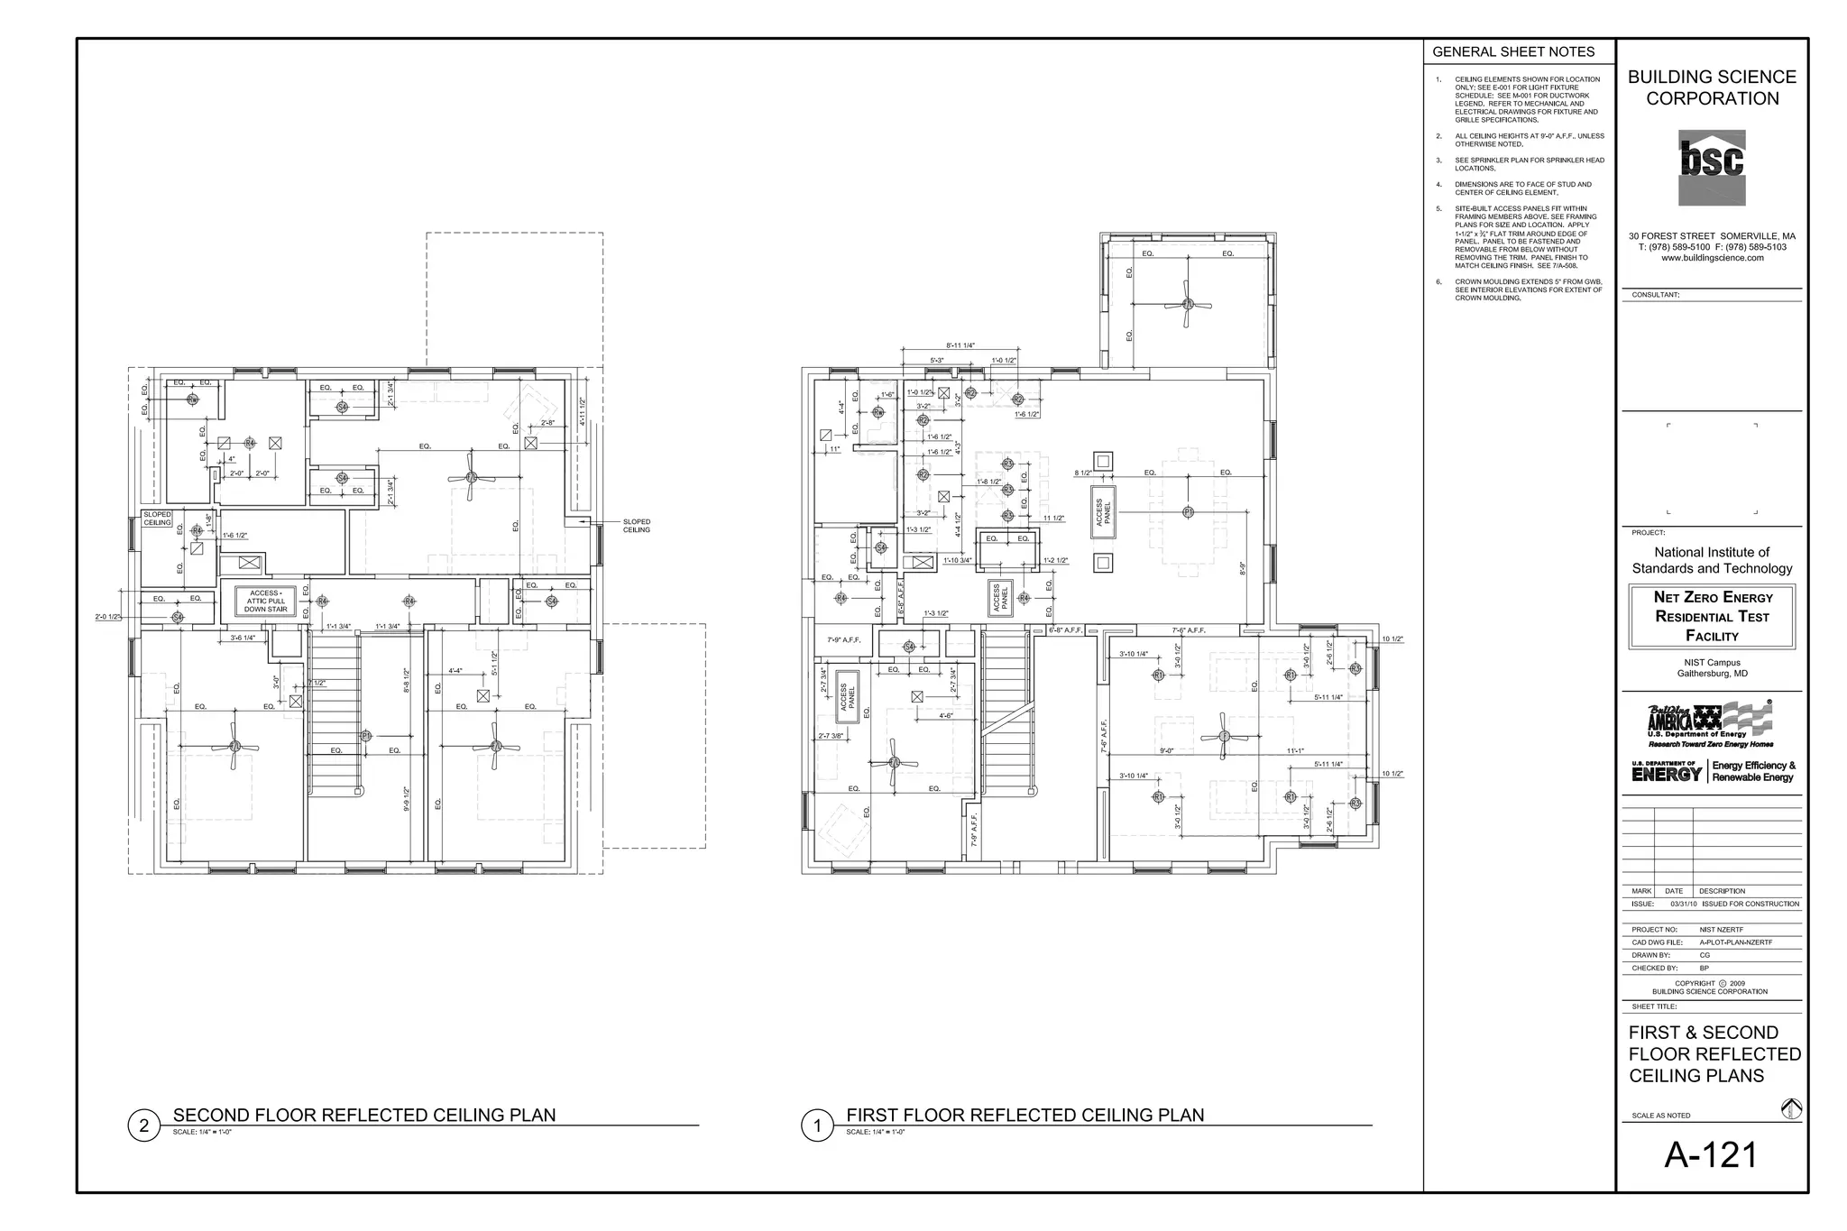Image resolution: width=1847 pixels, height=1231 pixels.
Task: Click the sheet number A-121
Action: click(x=1711, y=1155)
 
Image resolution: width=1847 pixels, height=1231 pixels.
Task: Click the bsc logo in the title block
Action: click(x=1711, y=168)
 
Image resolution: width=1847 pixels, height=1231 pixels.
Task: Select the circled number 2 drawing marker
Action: click(x=144, y=1125)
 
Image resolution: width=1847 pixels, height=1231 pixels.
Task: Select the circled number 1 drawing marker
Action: click(x=817, y=1125)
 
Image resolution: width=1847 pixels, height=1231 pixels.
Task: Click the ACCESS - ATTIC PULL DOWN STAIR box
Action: click(x=265, y=602)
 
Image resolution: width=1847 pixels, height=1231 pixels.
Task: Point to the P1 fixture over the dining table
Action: click(x=1188, y=512)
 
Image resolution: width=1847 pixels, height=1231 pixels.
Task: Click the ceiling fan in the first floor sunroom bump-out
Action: click(x=1188, y=304)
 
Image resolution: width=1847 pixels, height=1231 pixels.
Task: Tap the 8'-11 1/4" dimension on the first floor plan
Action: click(x=960, y=345)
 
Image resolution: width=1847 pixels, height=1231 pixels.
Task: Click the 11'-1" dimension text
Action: click(x=1295, y=750)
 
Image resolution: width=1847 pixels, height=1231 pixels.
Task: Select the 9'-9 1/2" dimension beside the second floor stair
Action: click(x=407, y=798)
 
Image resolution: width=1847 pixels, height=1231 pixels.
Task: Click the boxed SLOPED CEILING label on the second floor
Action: click(x=157, y=519)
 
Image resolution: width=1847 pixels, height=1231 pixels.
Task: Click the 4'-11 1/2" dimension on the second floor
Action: click(x=583, y=410)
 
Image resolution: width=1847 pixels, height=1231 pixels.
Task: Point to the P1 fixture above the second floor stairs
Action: click(x=366, y=736)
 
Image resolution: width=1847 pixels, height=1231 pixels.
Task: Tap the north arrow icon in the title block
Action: click(x=1791, y=1109)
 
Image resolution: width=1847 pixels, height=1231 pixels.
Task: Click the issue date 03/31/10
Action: click(x=1683, y=904)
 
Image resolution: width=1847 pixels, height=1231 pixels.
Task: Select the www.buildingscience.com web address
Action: click(x=1712, y=258)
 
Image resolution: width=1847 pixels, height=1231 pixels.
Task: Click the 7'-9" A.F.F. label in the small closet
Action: click(x=843, y=640)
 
